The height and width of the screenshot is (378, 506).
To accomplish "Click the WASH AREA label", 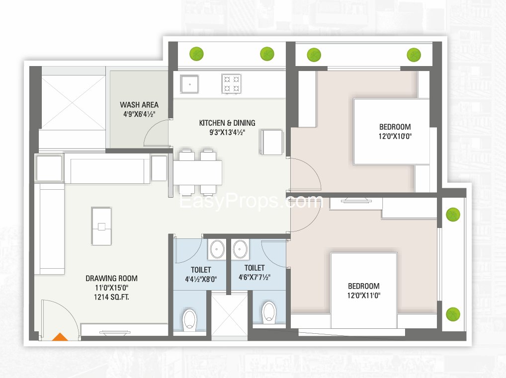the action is coord(139,105).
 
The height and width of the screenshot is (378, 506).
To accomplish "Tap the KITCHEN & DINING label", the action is coord(227,123).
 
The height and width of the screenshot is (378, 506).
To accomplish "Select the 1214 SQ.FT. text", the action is coord(111,297).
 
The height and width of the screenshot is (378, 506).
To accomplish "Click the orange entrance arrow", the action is coord(60,337).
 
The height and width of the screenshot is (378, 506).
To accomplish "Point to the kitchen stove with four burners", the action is coord(232,84).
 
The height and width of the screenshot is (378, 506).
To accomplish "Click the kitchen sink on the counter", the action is coord(189,84).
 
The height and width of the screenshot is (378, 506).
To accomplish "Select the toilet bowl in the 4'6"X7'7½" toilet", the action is coord(269,312).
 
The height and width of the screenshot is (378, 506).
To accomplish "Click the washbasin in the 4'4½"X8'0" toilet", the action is coord(217,249).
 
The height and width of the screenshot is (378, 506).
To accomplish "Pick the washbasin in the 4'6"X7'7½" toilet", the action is coord(240,249).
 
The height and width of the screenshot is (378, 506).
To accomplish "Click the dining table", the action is coord(197,172).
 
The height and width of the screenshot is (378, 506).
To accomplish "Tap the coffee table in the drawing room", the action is coord(102,227).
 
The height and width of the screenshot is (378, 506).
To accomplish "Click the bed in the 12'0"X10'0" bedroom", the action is coord(392,132).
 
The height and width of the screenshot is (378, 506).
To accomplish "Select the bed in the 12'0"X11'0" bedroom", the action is coord(364,291).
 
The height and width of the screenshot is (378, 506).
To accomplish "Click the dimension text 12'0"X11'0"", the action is coord(364,295).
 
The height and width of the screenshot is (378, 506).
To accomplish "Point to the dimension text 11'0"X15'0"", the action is coord(111,288).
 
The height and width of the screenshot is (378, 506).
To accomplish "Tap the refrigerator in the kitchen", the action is coord(271,142).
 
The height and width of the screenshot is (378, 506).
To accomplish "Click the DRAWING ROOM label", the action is coord(111,278).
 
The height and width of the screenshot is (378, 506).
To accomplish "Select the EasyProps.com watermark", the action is coord(251,201).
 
